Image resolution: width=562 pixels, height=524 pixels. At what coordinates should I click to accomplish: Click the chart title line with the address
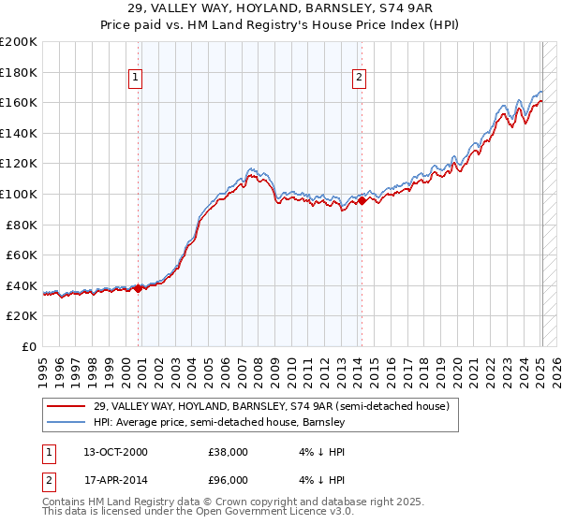click(x=281, y=8)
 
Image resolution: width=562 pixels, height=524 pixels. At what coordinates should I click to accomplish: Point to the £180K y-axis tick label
click(x=19, y=72)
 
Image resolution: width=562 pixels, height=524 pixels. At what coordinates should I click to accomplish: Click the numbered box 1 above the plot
click(x=137, y=79)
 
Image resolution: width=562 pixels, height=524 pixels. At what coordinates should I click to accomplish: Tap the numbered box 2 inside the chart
click(x=359, y=79)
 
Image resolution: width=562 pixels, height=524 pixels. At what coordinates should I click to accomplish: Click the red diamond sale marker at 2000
click(x=139, y=288)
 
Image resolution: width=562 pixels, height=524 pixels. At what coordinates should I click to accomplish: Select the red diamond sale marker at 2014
click(x=362, y=200)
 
